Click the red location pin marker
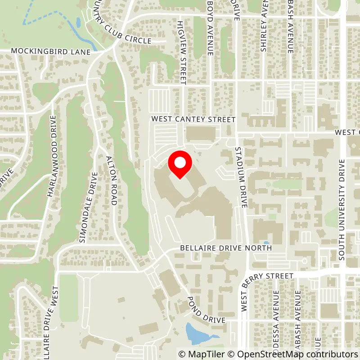[180, 164]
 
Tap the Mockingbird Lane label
[51, 52]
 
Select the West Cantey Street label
[193, 120]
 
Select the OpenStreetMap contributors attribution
[294, 354]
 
